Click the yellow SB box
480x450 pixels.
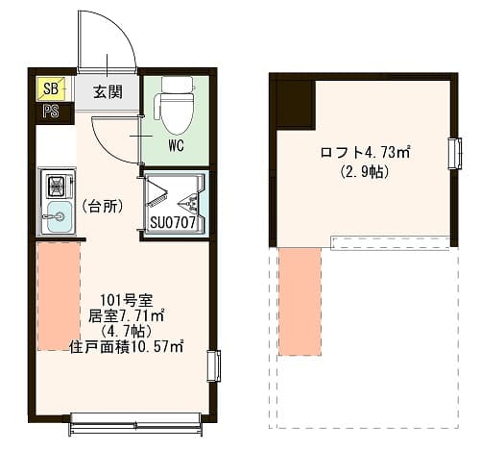coord(51,88)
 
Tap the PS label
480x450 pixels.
coord(51,112)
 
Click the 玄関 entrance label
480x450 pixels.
coord(108,92)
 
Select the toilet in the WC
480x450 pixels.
coord(175,105)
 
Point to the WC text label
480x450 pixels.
coord(177,146)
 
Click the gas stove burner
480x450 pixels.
coord(58,186)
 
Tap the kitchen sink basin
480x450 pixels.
coord(59,217)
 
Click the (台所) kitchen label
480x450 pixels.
coord(104,207)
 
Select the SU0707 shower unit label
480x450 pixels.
coord(173,222)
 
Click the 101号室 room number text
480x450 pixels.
coord(127,301)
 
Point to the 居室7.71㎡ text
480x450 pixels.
coord(126,316)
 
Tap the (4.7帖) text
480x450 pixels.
coord(126,332)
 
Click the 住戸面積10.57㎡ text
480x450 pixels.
coord(127,347)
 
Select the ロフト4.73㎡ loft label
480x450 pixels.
coord(365,152)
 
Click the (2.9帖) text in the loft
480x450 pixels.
coord(365,172)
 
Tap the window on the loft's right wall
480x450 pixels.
coord(455,153)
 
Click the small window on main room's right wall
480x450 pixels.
coord(214,366)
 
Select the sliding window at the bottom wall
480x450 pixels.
coord(135,424)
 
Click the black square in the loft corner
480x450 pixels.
coord(296,105)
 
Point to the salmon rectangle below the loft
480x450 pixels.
coord(300,302)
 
